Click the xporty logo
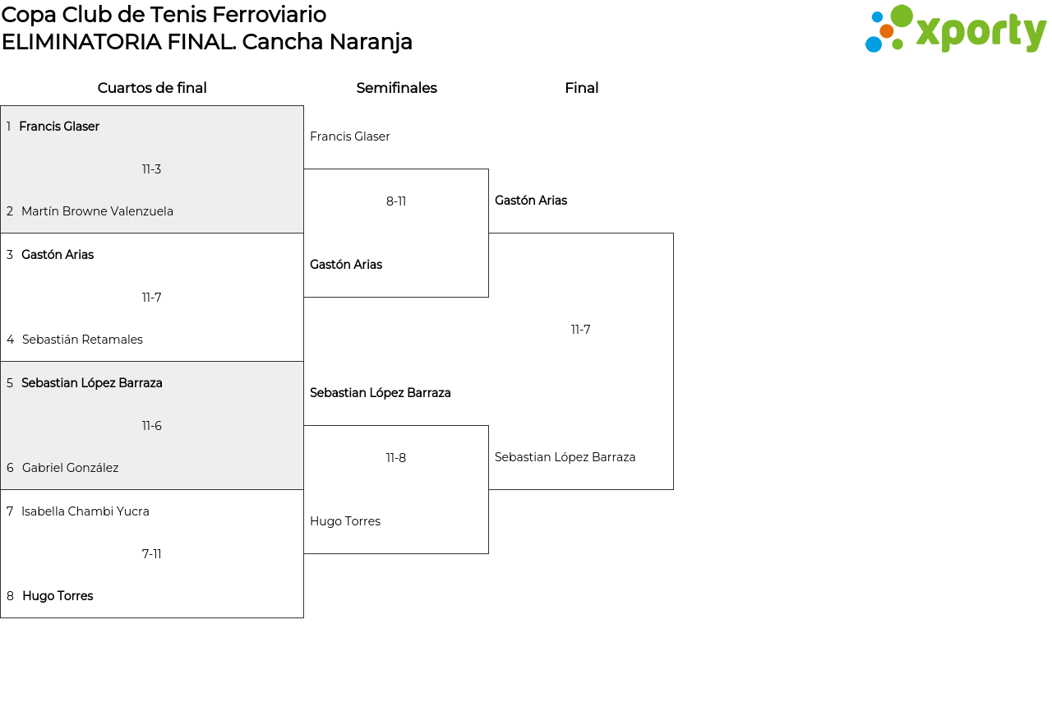[x=955, y=30]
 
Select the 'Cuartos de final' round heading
[x=152, y=88]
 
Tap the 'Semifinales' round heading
[x=396, y=88]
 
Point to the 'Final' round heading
[x=581, y=88]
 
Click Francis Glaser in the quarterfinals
[x=59, y=127]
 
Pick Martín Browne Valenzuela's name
[x=97, y=211]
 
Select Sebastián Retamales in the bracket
[x=82, y=340]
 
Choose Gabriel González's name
[x=70, y=468]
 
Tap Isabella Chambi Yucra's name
[x=85, y=511]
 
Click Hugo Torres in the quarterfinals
[x=58, y=596]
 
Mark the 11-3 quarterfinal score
[x=151, y=169]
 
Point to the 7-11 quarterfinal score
[x=151, y=554]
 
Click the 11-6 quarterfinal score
[x=151, y=426]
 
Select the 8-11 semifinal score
[x=396, y=201]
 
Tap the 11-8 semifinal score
[x=396, y=458]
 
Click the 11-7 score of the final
[x=581, y=330]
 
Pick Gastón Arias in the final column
[x=531, y=201]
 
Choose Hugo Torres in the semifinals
[x=345, y=521]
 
